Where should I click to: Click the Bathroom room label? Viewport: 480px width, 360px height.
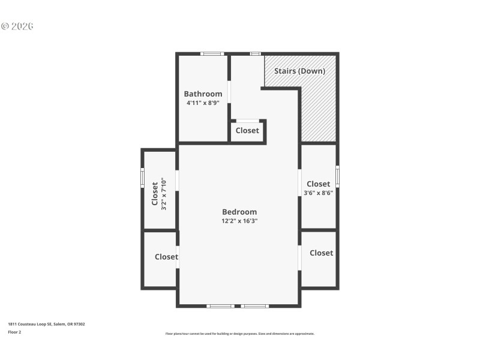pyautogui.click(x=203, y=94)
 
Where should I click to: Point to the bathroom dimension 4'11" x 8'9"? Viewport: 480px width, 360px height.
pyautogui.click(x=203, y=103)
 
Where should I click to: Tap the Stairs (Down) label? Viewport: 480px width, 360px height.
pyautogui.click(x=300, y=71)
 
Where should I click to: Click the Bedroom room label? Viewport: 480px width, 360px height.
pyautogui.click(x=239, y=212)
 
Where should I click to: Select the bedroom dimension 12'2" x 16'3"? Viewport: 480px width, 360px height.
pyautogui.click(x=239, y=221)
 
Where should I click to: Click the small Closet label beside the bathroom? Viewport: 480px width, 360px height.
pyautogui.click(x=247, y=130)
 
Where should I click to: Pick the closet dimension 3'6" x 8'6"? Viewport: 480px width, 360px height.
pyautogui.click(x=318, y=193)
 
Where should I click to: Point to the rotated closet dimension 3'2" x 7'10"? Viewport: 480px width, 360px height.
pyautogui.click(x=163, y=194)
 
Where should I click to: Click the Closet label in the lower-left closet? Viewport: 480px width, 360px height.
pyautogui.click(x=166, y=257)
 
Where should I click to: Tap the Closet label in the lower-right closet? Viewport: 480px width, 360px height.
pyautogui.click(x=321, y=253)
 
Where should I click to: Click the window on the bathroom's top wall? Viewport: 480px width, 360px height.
pyautogui.click(x=212, y=54)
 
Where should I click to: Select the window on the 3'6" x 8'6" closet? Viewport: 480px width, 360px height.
pyautogui.click(x=337, y=176)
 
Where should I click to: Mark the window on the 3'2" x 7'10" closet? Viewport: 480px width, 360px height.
pyautogui.click(x=142, y=178)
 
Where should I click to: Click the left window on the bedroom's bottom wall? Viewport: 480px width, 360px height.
pyautogui.click(x=220, y=306)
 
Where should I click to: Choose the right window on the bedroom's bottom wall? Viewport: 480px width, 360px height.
pyautogui.click(x=255, y=306)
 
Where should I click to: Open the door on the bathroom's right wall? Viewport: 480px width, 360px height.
pyautogui.click(x=229, y=91)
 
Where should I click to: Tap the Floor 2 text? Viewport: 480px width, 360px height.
pyautogui.click(x=14, y=331)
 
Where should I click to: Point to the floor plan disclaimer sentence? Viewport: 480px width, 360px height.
pyautogui.click(x=239, y=334)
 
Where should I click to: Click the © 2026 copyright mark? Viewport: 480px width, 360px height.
pyautogui.click(x=17, y=26)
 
